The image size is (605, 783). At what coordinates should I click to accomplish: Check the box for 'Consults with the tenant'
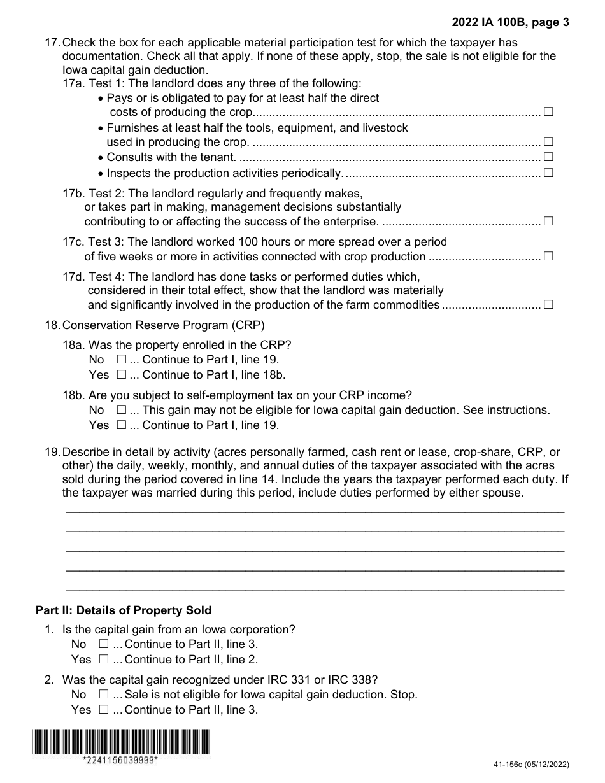[548, 157]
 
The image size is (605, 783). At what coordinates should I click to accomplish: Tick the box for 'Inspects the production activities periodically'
[548, 173]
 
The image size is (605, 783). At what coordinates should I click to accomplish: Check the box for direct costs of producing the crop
[548, 112]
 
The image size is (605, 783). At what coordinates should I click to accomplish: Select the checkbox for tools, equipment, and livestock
[548, 142]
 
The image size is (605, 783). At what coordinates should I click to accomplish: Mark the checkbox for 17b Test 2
[548, 222]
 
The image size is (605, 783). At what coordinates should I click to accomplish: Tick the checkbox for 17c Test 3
[548, 257]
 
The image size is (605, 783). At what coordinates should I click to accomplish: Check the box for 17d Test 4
[548, 304]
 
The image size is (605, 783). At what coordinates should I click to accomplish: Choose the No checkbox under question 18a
[122, 359]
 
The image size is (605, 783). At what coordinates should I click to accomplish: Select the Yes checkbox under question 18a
[122, 375]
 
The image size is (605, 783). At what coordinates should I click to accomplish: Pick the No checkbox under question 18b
[122, 409]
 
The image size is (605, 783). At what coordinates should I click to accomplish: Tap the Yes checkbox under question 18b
[122, 425]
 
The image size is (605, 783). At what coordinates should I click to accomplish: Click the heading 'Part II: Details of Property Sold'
[124, 610]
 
